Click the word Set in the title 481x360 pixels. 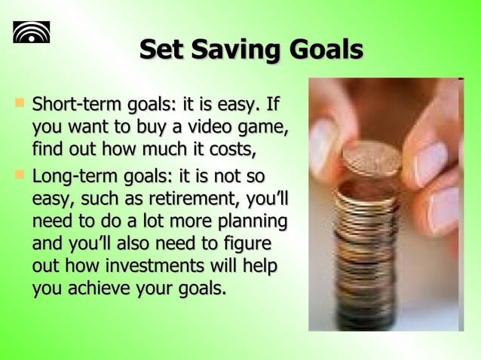pos(161,50)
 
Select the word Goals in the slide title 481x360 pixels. pos(325,50)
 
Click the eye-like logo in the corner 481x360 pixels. pos(31,32)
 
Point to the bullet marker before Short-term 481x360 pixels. pos(20,100)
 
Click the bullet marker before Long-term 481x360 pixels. pos(20,175)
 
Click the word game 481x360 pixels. pos(265,127)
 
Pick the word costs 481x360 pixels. pos(231,148)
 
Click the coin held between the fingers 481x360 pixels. pos(372,156)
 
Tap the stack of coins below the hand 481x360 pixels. pos(365,249)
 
